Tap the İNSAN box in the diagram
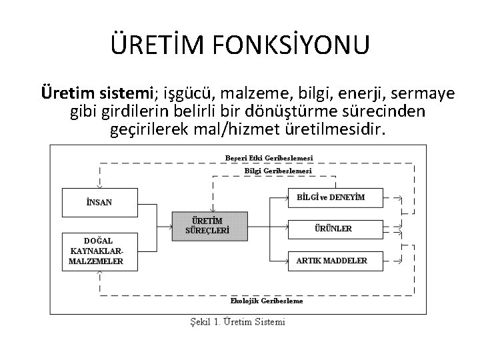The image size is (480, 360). coord(99,202)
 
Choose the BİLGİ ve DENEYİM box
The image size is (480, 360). coord(336,197)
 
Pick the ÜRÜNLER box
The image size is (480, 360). coord(336,229)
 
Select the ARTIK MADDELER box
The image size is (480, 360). coord(336,260)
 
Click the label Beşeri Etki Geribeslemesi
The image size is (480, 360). coord(269,158)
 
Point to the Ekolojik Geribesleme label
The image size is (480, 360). coord(267,301)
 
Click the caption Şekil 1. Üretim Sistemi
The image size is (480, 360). coord(236,322)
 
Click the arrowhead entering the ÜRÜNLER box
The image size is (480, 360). coord(285,229)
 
